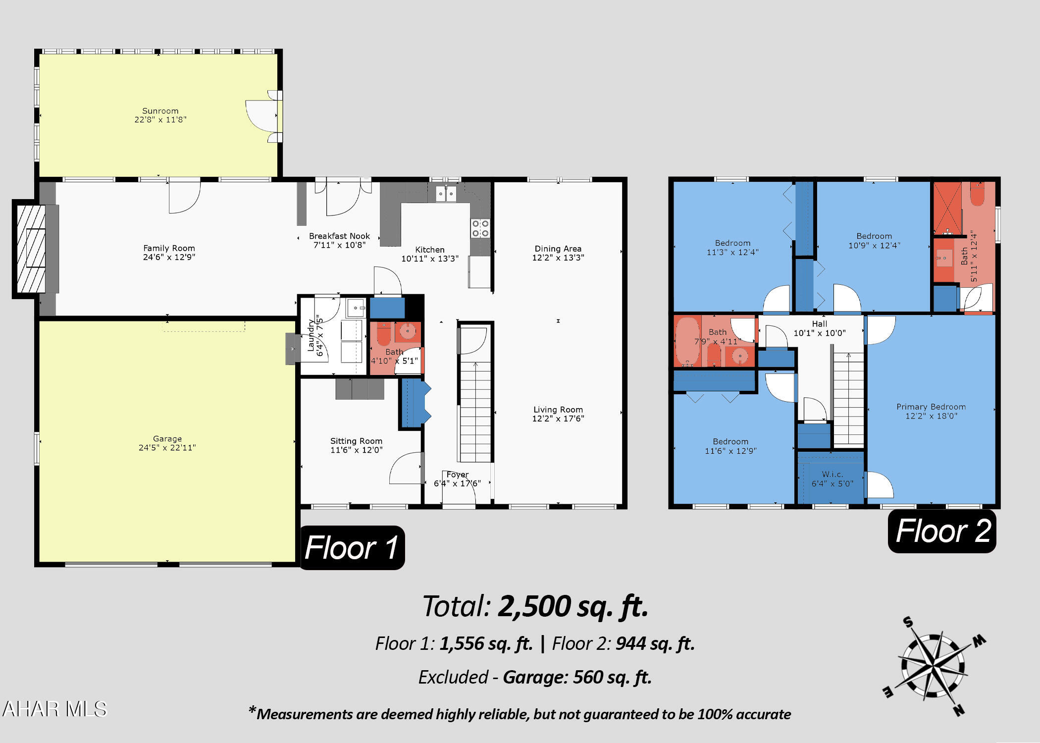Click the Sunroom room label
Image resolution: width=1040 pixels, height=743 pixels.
(x=160, y=111)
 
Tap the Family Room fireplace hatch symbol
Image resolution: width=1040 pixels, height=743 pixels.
(x=31, y=249)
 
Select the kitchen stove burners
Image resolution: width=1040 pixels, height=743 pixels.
(x=480, y=228)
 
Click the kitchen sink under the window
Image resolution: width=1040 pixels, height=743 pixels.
(x=446, y=194)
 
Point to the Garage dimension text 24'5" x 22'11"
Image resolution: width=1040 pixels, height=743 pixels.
(x=167, y=448)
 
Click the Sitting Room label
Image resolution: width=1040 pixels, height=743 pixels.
(x=357, y=441)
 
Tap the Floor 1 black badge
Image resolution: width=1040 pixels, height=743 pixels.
(x=352, y=548)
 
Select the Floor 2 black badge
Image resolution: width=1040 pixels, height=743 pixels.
(x=942, y=531)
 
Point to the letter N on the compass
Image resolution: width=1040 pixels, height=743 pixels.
(x=959, y=710)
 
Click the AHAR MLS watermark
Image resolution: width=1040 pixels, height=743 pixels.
(x=54, y=709)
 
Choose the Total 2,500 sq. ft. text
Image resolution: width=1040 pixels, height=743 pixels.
(x=535, y=606)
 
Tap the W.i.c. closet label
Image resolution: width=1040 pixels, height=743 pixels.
(x=832, y=475)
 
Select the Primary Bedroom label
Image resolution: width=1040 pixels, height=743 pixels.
(x=931, y=407)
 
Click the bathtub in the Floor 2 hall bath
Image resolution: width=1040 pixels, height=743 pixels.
(x=687, y=342)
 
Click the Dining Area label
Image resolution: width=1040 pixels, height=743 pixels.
(x=558, y=249)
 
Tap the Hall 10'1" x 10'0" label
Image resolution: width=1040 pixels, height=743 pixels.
(x=820, y=328)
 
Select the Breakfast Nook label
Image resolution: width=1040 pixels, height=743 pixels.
(x=339, y=236)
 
